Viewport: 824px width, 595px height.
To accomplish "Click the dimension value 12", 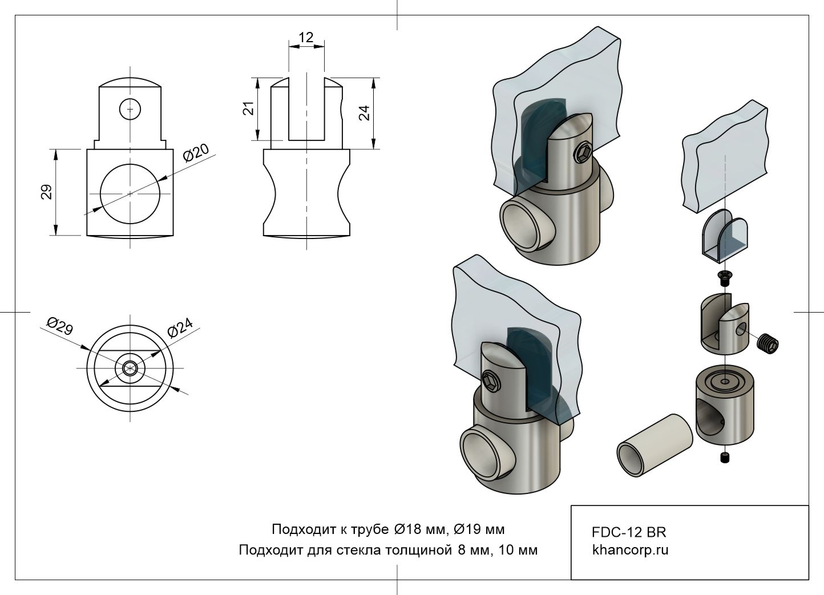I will [x=306, y=38].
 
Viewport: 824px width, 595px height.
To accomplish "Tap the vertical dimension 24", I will [x=365, y=112].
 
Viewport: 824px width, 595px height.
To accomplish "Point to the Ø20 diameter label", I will [x=196, y=154].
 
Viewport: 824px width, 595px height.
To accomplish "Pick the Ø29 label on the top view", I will [x=59, y=327].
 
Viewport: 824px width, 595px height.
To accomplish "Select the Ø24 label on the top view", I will [x=180, y=328].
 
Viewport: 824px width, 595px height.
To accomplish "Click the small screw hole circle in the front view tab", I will [x=130, y=108].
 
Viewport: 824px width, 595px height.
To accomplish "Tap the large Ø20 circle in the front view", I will [x=130, y=194].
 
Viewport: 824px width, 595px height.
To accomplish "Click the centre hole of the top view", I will [x=130, y=368].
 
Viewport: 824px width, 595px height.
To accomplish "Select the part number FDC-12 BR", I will [x=629, y=532].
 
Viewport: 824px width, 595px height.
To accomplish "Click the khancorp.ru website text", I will [x=630, y=551].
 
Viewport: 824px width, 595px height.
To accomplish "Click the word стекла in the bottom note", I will [x=362, y=551].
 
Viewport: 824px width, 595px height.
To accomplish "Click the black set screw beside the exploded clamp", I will [x=768, y=343].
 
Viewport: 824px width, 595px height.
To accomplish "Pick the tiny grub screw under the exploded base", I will [x=725, y=458].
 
